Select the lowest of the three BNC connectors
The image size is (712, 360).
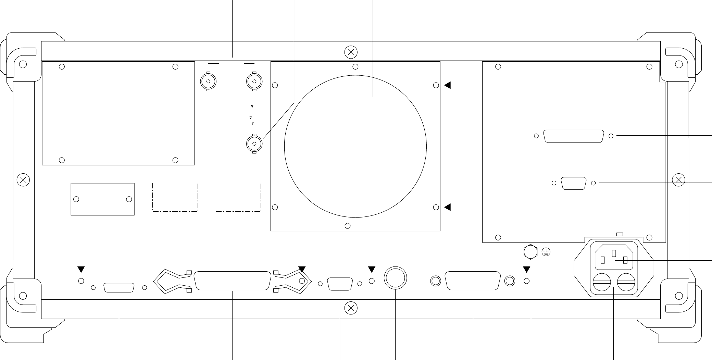point(254,144)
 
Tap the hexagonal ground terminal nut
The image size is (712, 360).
point(530,252)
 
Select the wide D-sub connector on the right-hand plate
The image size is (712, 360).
point(574,136)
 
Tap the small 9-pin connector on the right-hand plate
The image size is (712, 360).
point(574,183)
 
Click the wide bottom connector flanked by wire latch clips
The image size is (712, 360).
point(233,281)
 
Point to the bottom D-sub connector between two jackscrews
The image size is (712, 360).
point(473,281)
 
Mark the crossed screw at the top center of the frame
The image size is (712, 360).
point(351,52)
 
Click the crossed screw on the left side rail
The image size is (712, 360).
point(23,180)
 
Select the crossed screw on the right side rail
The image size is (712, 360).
point(678,180)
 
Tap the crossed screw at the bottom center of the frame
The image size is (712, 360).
point(351,308)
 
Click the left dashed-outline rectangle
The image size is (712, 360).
point(175,197)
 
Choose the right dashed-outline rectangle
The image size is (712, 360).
point(238,197)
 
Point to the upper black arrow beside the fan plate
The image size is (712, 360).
point(448,85)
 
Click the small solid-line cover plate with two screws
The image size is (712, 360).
point(102,199)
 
